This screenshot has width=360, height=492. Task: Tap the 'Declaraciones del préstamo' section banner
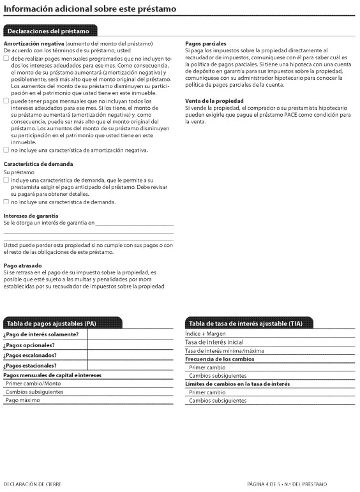pos(50,30)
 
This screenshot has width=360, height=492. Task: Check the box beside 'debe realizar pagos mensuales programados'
pos(6,58)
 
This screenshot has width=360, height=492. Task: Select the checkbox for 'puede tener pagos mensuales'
pos(6,101)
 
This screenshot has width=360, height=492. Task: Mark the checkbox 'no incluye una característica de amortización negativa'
pos(6,150)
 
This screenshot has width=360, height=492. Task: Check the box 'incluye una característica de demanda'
pos(6,180)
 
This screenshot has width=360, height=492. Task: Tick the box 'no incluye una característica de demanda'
pos(6,202)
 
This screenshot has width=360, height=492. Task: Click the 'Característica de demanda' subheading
pos(38,164)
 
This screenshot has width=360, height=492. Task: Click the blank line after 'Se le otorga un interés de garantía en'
pos(134,223)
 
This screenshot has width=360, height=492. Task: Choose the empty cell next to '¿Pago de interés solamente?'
pos(130,334)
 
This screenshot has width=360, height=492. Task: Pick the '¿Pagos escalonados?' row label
pos(30,355)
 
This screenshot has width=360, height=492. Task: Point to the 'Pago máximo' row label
pos(22,400)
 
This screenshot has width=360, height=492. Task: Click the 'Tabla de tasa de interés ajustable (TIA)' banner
pos(244,323)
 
